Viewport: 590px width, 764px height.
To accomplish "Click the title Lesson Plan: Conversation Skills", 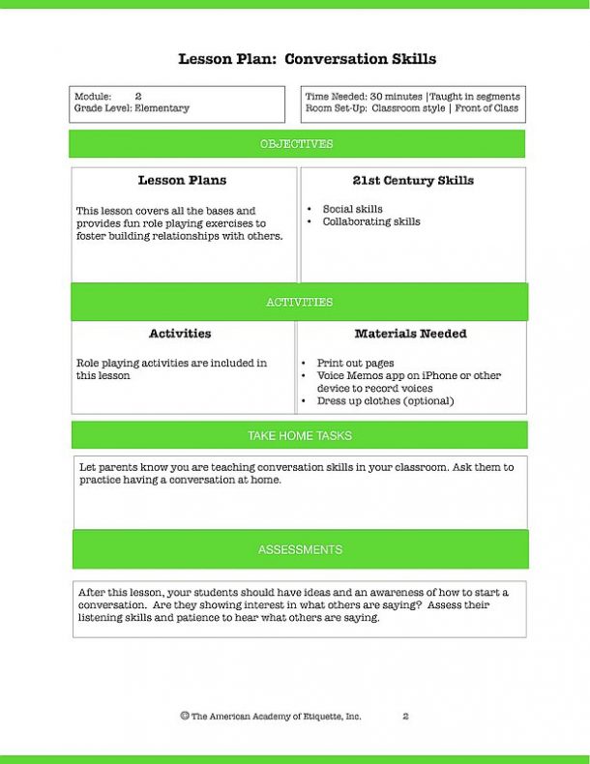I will click(x=307, y=59).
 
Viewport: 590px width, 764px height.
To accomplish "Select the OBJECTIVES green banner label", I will click(x=296, y=144).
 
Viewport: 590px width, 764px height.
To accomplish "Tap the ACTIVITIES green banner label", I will click(x=299, y=302).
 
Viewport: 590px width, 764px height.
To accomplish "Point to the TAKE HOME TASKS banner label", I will click(x=300, y=435).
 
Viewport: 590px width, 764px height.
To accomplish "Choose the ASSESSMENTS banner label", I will click(x=300, y=549).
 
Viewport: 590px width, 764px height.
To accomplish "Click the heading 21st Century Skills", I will click(x=413, y=181).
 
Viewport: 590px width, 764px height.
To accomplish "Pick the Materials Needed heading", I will click(x=410, y=334).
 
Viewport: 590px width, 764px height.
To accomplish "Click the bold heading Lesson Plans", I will click(x=182, y=181).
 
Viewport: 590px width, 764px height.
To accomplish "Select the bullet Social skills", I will click(x=352, y=209).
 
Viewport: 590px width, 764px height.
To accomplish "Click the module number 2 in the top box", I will click(x=138, y=97).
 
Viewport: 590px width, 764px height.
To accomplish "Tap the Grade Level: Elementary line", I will click(x=132, y=108).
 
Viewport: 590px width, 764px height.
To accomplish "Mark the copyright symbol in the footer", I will click(x=184, y=716).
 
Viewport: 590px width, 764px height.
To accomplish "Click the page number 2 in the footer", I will click(x=405, y=717).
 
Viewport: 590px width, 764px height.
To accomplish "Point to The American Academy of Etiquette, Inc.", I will click(x=276, y=717).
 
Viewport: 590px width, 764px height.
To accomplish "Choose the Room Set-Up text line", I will click(x=411, y=108).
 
